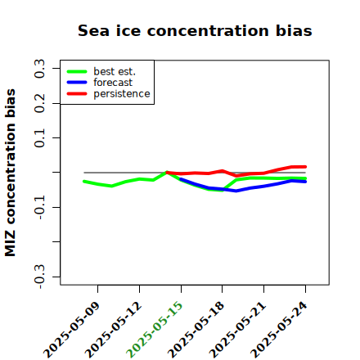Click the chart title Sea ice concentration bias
click(x=195, y=30)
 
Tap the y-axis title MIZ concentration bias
click(x=11, y=173)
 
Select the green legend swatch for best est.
click(x=77, y=72)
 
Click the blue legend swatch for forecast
click(x=77, y=83)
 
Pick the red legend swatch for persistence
click(x=77, y=94)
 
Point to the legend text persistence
click(x=122, y=94)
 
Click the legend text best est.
click(x=115, y=71)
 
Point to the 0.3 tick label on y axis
click(x=39, y=69)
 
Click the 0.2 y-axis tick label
click(x=39, y=103)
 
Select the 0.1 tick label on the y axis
click(x=39, y=138)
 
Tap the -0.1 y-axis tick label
click(x=39, y=208)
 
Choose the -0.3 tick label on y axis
click(x=39, y=277)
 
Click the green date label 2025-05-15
click(x=155, y=329)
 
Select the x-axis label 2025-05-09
click(x=71, y=330)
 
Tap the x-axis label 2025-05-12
click(x=113, y=330)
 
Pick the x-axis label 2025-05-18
click(x=196, y=330)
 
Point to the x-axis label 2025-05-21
click(x=237, y=330)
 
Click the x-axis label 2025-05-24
click(x=279, y=330)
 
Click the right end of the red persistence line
click(x=305, y=167)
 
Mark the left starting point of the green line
click(x=84, y=182)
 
